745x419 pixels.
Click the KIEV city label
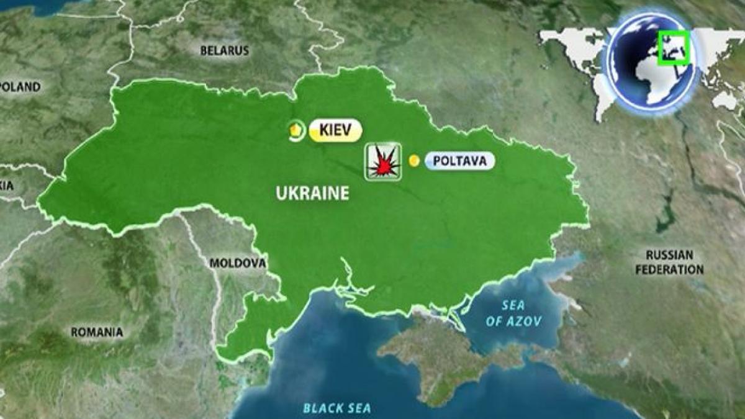(x=335, y=130)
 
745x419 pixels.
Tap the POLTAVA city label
(x=460, y=161)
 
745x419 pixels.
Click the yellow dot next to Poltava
(x=414, y=161)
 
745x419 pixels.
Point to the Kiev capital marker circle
(x=296, y=130)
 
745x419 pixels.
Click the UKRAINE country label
(x=312, y=193)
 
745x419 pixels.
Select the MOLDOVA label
(x=237, y=263)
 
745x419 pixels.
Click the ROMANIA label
(x=97, y=333)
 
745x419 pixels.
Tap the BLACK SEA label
(x=337, y=408)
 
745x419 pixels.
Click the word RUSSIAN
(x=669, y=255)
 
